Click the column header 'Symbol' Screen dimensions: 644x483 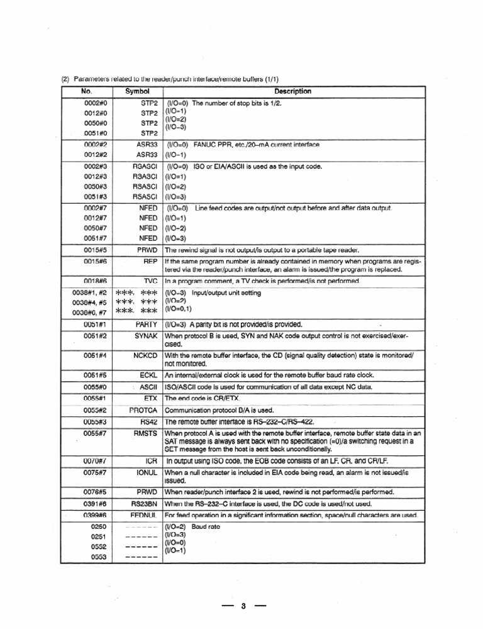(x=137, y=91)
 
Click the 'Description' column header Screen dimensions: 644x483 (x=292, y=91)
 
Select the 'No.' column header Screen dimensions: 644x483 (x=87, y=91)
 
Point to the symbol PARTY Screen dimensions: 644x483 (x=146, y=325)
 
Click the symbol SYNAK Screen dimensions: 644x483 (x=145, y=336)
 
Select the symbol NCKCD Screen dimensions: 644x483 (x=144, y=355)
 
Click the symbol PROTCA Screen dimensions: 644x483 (x=143, y=410)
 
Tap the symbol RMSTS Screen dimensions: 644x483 (x=144, y=433)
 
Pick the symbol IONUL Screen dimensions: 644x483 (x=145, y=472)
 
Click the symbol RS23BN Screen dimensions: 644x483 (x=143, y=503)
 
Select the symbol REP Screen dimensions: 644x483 (x=150, y=260)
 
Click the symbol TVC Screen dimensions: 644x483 (x=150, y=280)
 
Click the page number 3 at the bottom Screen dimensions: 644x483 (x=243, y=606)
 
